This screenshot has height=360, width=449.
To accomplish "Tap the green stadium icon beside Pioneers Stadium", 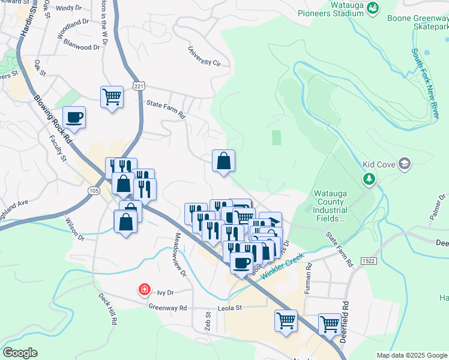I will coord(373,7).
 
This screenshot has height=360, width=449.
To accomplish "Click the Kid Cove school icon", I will coord(405,163).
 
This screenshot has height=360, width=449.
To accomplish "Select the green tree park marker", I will coord(369,179).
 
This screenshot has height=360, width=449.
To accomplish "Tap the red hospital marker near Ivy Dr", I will coord(144,290).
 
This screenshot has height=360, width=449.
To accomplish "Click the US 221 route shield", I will coord(139,86).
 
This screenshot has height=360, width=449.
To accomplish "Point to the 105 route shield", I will coord(93,190).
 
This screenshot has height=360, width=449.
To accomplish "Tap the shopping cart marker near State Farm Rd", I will coord(112,96).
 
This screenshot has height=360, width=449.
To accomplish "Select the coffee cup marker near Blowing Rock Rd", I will coord(74,116).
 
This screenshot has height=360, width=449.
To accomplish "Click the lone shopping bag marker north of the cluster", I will coord(223,161).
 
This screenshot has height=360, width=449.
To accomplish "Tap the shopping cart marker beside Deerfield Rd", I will coord(330,324).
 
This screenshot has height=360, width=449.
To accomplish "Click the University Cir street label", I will coord(205,57).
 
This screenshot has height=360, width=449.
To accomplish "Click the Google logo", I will coord(20,353).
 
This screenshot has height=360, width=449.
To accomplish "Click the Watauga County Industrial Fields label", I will coord(330,206).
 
